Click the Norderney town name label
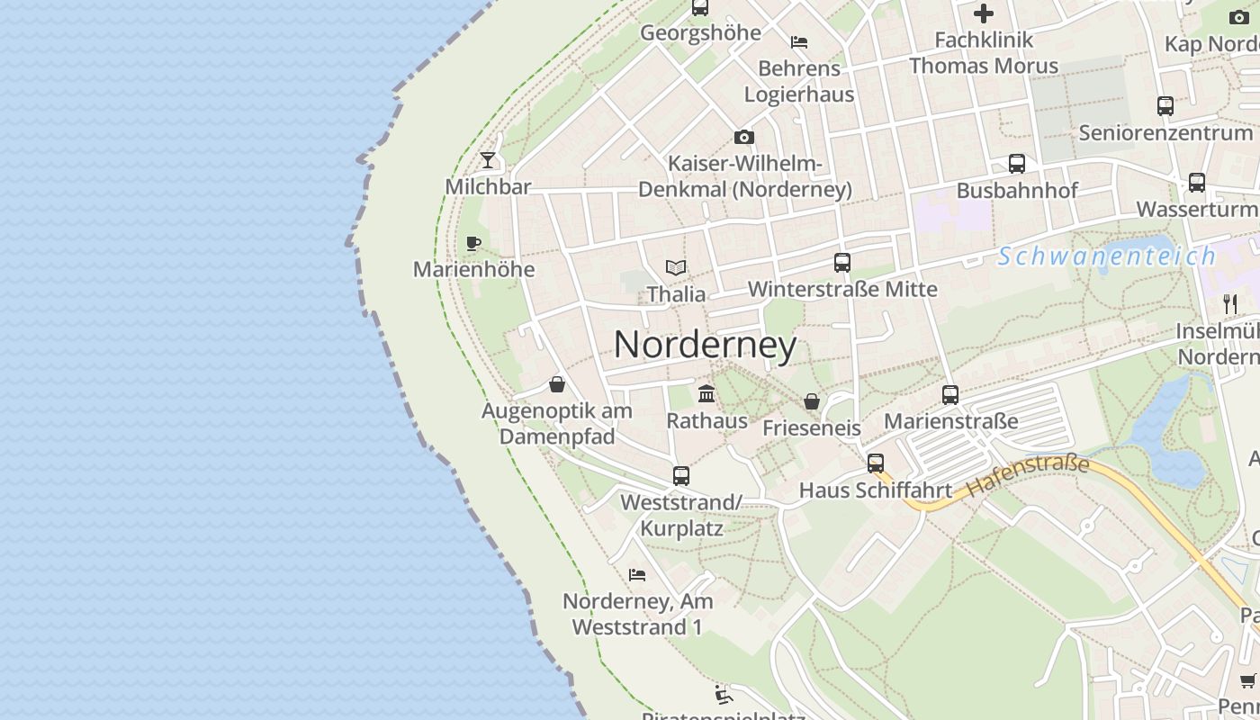pyautogui.click(x=705, y=345)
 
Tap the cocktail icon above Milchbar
pyautogui.click(x=488, y=160)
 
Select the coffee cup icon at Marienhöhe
pyautogui.click(x=473, y=243)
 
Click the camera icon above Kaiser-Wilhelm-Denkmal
pyautogui.click(x=744, y=138)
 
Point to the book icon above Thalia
pyautogui.click(x=676, y=267)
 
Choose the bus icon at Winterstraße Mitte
pyautogui.click(x=842, y=263)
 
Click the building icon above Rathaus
pyautogui.click(x=706, y=394)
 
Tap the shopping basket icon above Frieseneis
pyautogui.click(x=812, y=401)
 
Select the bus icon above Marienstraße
pyautogui.click(x=950, y=395)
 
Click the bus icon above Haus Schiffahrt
pyautogui.click(x=876, y=463)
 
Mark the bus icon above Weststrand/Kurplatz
pyautogui.click(x=681, y=476)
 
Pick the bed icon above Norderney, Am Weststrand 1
pyautogui.click(x=637, y=574)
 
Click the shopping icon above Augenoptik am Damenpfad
pyautogui.click(x=557, y=384)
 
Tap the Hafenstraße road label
pyautogui.click(x=1028, y=476)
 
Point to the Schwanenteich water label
pyautogui.click(x=1106, y=256)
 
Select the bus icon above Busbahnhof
pyautogui.click(x=1017, y=164)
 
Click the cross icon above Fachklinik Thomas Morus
pyautogui.click(x=984, y=13)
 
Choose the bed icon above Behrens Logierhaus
pyautogui.click(x=798, y=41)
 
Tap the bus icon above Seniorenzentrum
pyautogui.click(x=1165, y=106)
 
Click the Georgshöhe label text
pyautogui.click(x=700, y=33)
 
